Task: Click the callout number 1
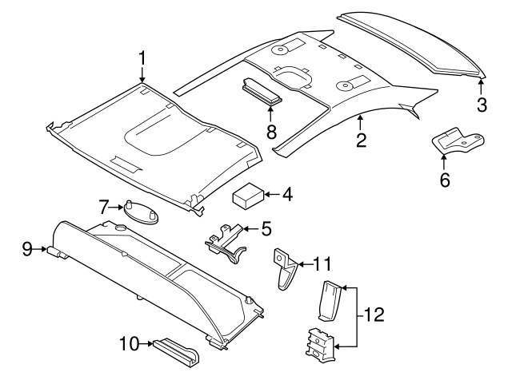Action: tap(142, 58)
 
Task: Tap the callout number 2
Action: tap(361, 140)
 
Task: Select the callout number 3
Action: tap(482, 105)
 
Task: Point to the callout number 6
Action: tap(445, 180)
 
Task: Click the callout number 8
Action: tap(271, 132)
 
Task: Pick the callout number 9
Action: tap(27, 249)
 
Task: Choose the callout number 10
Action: tap(130, 343)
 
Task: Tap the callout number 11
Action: tap(322, 263)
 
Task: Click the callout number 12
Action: tap(374, 315)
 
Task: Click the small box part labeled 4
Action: tap(248, 196)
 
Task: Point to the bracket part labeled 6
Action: tap(458, 140)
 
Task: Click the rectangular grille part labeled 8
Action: tap(262, 92)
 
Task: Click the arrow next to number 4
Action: tap(272, 195)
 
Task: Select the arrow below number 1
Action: tap(142, 74)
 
